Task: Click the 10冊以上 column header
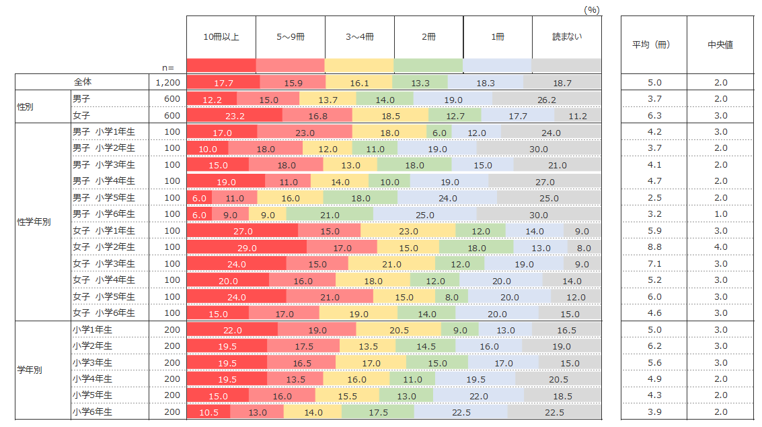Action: [x=221, y=37]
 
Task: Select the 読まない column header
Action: [x=567, y=37]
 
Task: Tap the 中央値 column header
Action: [x=720, y=45]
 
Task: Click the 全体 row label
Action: [x=83, y=82]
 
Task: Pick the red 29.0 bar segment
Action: [x=247, y=247]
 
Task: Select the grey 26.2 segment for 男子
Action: [x=547, y=99]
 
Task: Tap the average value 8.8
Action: [x=654, y=247]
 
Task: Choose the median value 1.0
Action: [x=720, y=214]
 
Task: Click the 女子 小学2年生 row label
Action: [x=104, y=247]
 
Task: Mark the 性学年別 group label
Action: [x=34, y=222]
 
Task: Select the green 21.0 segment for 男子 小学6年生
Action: [x=330, y=214]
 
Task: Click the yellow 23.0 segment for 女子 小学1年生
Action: [x=408, y=231]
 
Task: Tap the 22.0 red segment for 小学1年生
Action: [x=232, y=330]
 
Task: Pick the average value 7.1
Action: [x=654, y=264]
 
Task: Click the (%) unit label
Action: [x=591, y=9]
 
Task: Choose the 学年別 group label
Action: [x=30, y=370]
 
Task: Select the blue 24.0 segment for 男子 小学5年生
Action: [x=447, y=198]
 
